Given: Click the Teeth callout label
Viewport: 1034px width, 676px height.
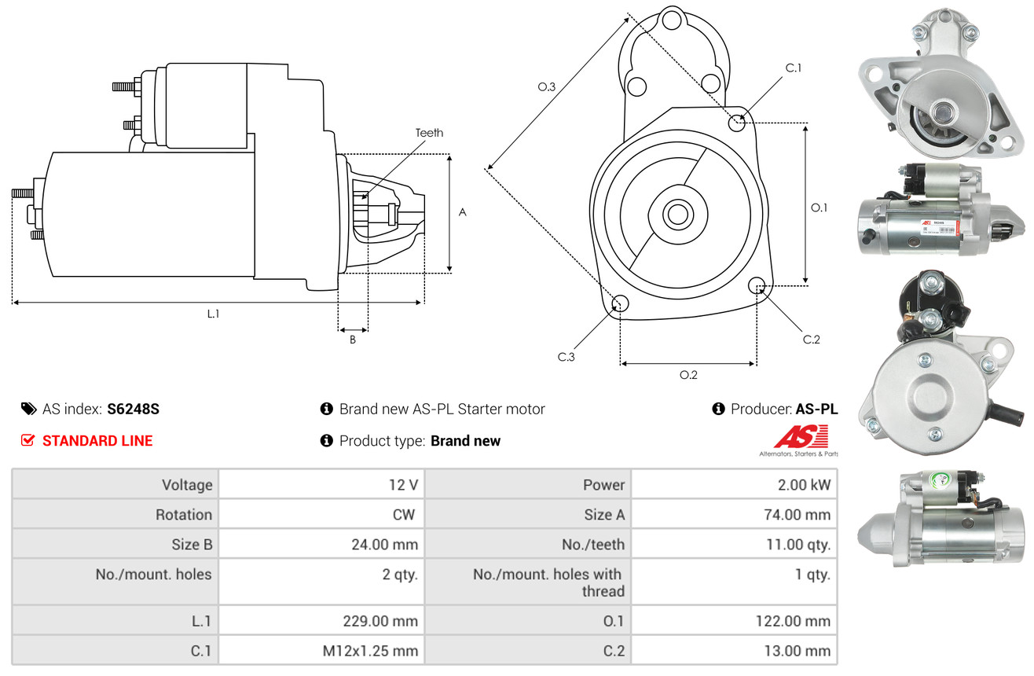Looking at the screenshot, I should point(429,133).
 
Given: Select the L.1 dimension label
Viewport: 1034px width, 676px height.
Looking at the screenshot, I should point(213,314).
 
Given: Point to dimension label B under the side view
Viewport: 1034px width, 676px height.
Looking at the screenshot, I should point(353,340).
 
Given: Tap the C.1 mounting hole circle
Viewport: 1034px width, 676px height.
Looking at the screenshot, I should point(737,123).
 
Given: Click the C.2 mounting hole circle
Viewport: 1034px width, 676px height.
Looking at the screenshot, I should point(757,285).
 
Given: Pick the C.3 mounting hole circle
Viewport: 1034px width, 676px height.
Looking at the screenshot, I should point(620,304).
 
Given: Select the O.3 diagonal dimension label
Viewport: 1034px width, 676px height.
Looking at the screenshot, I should point(547,87).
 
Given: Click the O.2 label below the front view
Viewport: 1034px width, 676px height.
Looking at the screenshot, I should point(688,375).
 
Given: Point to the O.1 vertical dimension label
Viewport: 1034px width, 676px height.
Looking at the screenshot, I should point(819,208).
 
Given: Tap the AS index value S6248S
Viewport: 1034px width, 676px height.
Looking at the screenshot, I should point(134,409).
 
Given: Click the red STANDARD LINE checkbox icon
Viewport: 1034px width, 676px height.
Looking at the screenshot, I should point(28,440).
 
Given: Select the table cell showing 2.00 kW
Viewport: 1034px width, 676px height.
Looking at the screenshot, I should point(803,485).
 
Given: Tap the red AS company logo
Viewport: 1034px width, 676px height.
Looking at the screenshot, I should point(801,436).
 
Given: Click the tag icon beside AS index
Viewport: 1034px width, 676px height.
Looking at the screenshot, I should point(28,409).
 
